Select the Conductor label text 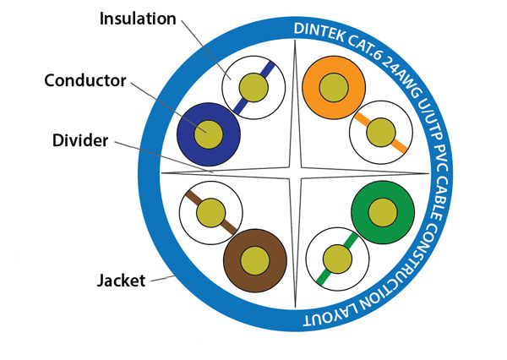tap(84, 81)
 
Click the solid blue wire tap(208, 134)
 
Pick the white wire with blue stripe tap(250, 86)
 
